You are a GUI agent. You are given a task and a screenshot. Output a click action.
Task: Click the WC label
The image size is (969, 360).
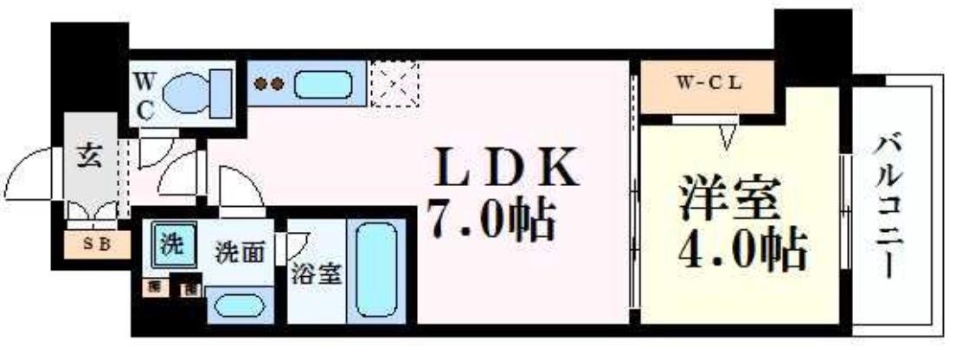pyautogui.click(x=144, y=95)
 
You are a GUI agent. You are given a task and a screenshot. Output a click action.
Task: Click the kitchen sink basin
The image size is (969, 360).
pyautogui.click(x=324, y=84)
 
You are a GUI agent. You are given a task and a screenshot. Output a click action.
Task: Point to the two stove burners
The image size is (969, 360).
pyautogui.click(x=269, y=84)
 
